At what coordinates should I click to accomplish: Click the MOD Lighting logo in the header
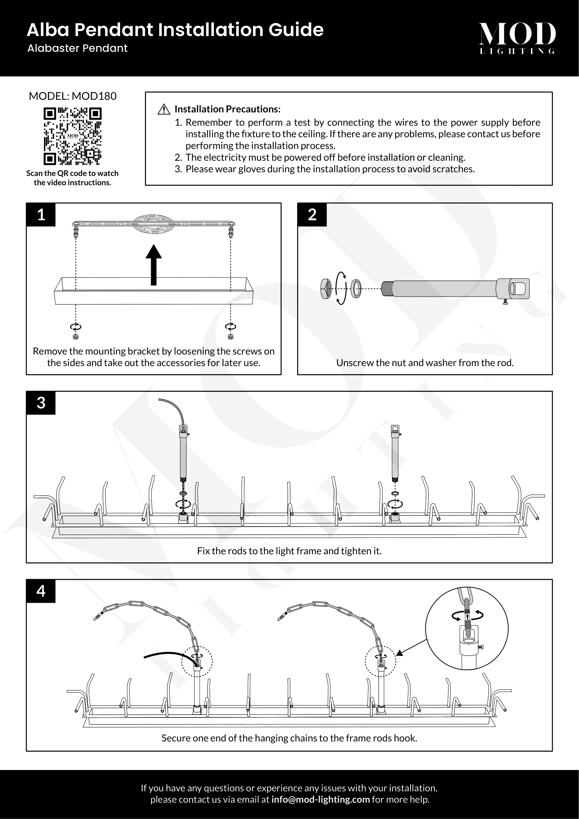tap(517, 37)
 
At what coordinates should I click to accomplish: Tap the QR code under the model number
tap(72, 137)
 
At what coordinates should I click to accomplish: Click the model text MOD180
tap(94, 96)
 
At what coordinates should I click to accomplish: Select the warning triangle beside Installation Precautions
tap(163, 109)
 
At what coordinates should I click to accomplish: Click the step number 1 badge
tap(41, 215)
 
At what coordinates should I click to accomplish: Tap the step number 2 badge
tap(312, 215)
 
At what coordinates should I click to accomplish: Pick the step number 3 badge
tap(41, 403)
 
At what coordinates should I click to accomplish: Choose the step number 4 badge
tap(41, 591)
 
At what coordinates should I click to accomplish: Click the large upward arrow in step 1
tap(154, 265)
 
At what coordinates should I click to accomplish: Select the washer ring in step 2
tap(356, 289)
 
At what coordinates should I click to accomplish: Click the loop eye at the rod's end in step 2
tap(519, 288)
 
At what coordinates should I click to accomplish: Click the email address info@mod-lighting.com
tap(321, 799)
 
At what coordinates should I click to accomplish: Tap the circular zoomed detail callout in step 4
tap(467, 629)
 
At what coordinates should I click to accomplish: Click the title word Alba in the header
tap(48, 30)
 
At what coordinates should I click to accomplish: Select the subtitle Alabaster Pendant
tap(77, 49)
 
